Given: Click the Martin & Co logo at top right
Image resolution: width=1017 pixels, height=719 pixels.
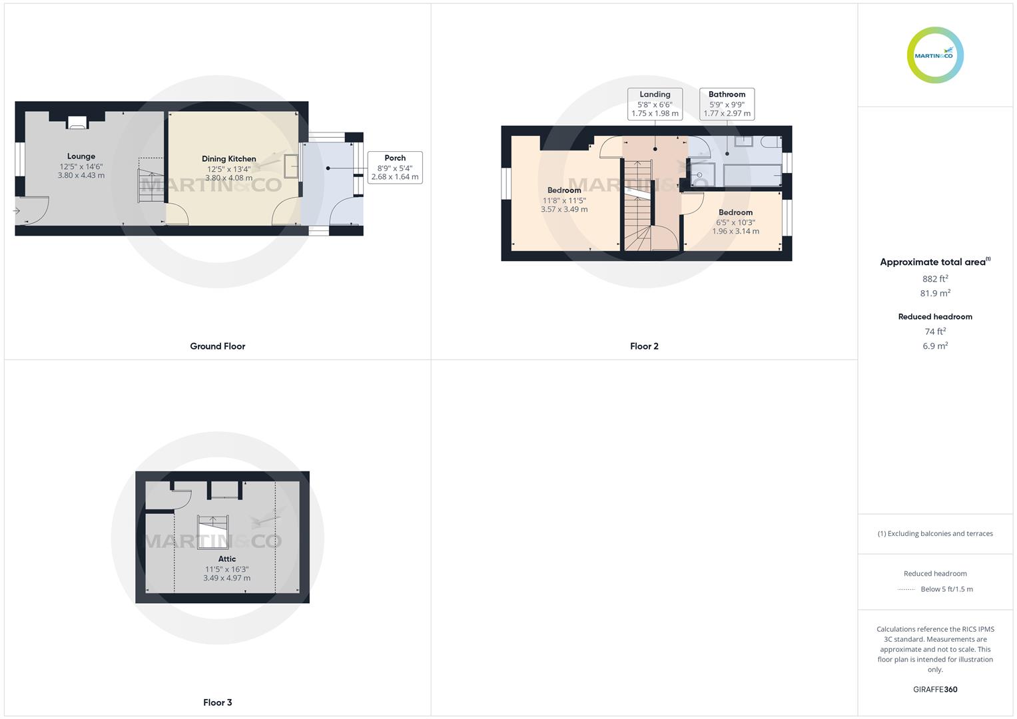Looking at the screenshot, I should coord(935,55).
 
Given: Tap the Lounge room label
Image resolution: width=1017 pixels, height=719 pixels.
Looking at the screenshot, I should coord(81,156).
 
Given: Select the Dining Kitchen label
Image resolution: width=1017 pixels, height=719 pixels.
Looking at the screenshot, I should coord(229,159).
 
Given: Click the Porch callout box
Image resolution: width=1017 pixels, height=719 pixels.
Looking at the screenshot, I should coord(395,168).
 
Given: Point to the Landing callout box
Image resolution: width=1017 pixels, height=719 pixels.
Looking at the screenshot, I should coord(655,104).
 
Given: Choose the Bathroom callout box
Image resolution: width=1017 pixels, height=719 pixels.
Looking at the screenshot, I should coord(727,104).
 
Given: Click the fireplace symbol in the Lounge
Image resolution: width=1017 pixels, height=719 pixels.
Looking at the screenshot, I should coord(77,122).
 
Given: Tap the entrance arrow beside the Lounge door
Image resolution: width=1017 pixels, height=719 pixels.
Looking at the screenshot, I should coord(17,211).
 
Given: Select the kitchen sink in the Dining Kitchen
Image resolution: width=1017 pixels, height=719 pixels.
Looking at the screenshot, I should coord(291,166).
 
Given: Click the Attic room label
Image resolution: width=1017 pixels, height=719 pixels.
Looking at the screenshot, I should coord(227,559).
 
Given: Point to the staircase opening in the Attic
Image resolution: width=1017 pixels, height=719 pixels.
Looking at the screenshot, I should coord(213,531).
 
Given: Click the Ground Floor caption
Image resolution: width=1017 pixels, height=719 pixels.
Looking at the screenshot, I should coord(218,346).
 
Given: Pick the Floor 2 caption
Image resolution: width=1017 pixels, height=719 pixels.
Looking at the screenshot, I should coord(644,346).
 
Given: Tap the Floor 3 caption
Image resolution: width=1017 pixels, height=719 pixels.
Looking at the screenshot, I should coord(218,702).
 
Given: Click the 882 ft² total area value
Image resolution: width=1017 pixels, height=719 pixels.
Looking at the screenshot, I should coord(935,279).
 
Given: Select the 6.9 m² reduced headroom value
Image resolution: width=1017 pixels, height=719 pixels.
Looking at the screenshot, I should coord(935,346).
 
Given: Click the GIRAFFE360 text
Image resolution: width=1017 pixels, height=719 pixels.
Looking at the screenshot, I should coord(935,690).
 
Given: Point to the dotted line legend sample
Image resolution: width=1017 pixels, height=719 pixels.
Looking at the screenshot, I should coord(906,589).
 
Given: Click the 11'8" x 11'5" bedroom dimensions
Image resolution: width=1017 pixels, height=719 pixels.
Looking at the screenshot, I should coord(564,200).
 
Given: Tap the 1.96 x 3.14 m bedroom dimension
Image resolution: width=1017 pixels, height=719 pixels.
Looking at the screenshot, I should coord(735,232).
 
